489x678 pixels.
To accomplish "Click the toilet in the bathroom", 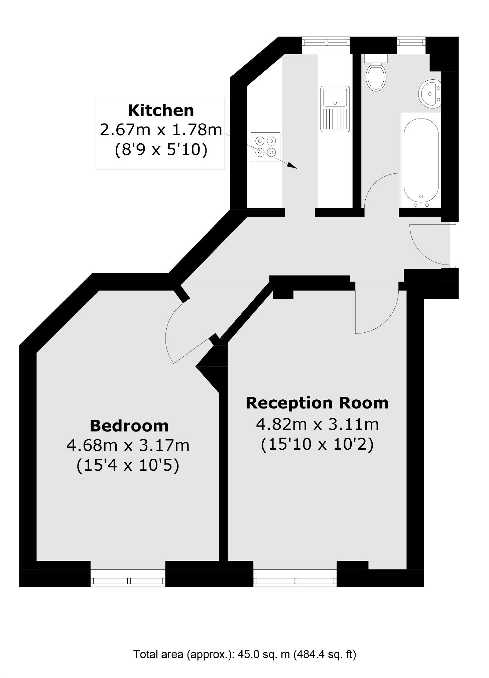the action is pos(376,72).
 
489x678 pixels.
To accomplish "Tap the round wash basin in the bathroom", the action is pos(430,94).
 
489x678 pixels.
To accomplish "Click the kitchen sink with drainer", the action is pos(335,109).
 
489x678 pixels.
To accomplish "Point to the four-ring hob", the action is pos(265,147).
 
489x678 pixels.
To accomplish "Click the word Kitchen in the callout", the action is pos(161,110).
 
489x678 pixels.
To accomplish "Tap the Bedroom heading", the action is pos(129,426).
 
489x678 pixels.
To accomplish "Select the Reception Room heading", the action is pos(317,403).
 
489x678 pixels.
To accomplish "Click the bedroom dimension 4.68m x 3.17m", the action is pos(128,445).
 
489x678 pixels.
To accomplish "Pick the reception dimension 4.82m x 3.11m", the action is pos(317,425).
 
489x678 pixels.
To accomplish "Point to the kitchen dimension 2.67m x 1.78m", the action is pos(161,130).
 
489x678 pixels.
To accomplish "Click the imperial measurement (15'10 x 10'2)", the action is pos(317,444).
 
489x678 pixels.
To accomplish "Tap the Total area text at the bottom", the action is pos(245,654).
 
